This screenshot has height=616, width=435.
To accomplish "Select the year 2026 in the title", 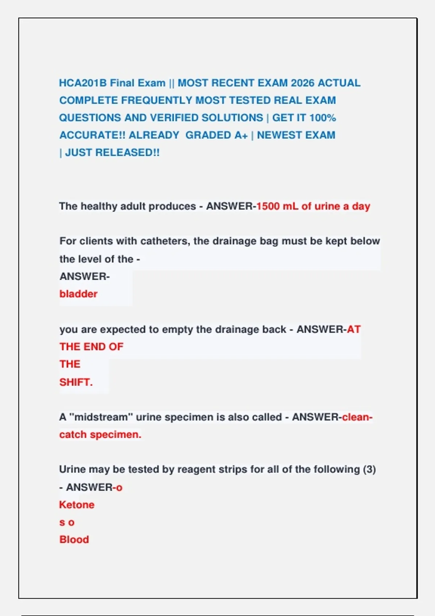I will coord(302,83).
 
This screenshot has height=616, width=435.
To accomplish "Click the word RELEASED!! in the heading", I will coord(127,153).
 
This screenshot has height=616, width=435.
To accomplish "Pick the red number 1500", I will coord(268,206).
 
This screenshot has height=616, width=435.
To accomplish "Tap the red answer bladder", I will coord(78,294).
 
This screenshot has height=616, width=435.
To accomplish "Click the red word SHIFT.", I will coord(76,382).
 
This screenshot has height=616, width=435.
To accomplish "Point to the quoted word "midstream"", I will coord(99,417).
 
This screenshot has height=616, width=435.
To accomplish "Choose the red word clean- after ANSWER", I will coord(357,417).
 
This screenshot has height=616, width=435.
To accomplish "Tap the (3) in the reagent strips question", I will coord(369,469).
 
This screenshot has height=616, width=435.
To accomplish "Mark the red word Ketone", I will coord(76,505).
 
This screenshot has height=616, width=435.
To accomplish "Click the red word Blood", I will coord(74,540).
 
